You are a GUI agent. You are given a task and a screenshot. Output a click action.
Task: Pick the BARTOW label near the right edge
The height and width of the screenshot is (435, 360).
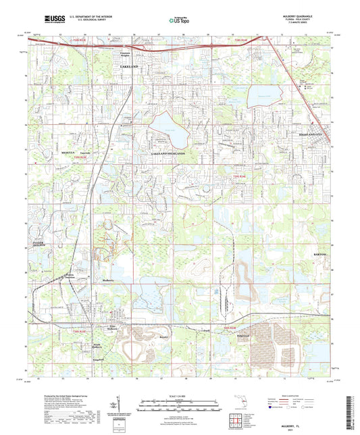pyautogui.click(x=318, y=254)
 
